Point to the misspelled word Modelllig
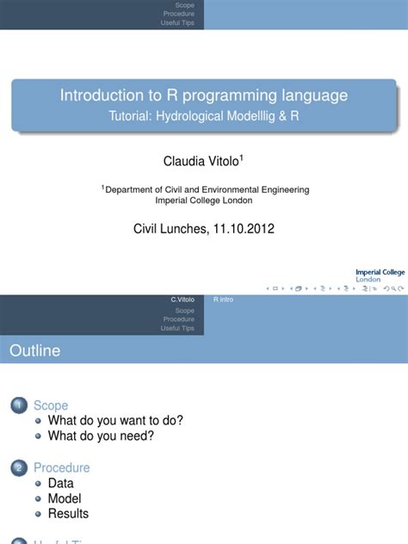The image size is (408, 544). click(x=256, y=114)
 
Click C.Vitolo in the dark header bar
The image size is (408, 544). click(x=182, y=299)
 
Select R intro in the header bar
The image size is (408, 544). click(x=223, y=299)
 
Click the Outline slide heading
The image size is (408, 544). click(x=35, y=350)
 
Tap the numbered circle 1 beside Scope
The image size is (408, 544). click(x=18, y=405)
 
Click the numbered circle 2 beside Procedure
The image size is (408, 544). click(x=18, y=468)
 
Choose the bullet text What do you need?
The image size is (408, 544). click(x=101, y=436)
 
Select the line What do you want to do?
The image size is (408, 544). click(x=115, y=421)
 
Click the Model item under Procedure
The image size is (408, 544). click(x=65, y=498)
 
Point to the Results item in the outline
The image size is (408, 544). click(x=68, y=514)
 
